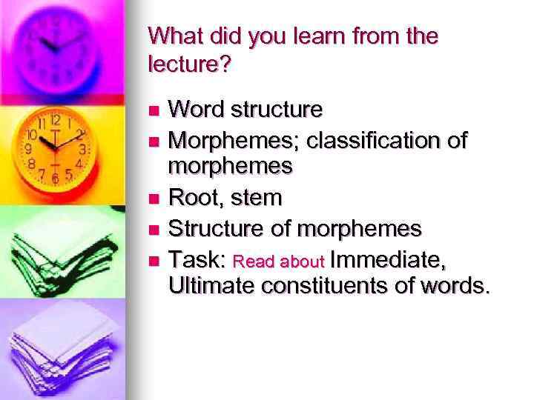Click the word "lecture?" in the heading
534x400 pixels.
[x=190, y=64]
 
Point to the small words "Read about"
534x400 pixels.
[x=279, y=261]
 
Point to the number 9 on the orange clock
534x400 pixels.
[x=29, y=148]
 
